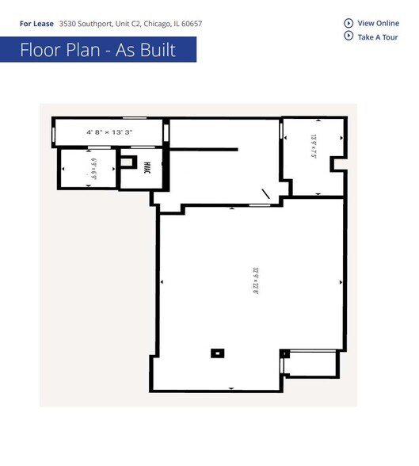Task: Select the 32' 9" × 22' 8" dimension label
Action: (x=256, y=281)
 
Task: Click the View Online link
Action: (x=379, y=23)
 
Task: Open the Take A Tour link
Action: (x=378, y=36)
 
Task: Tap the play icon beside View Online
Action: (x=349, y=23)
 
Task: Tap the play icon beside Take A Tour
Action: (x=349, y=36)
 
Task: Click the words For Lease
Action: (x=36, y=24)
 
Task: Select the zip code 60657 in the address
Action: (x=191, y=24)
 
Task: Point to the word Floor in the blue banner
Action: (x=43, y=51)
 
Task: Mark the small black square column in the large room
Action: (x=216, y=353)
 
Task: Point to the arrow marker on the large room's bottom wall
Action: (x=230, y=388)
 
